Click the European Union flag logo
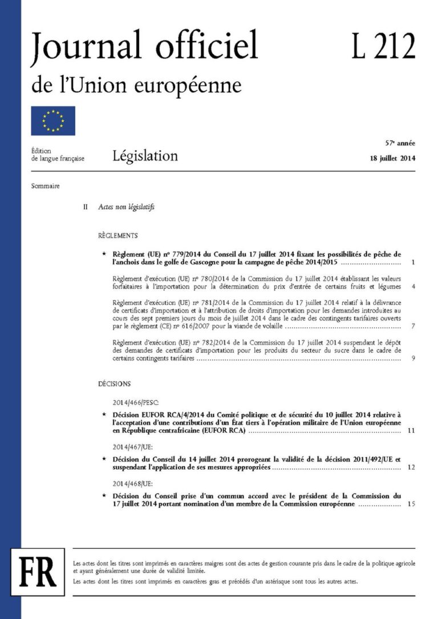click(53, 121)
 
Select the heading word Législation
click(145, 155)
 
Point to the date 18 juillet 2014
click(392, 158)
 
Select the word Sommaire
click(46, 186)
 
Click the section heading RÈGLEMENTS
click(118, 235)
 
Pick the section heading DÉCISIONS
click(115, 384)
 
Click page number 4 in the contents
click(412, 287)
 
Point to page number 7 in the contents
click(412, 327)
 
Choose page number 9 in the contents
click(412, 359)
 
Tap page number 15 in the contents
click(411, 504)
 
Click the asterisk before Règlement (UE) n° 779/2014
click(103, 254)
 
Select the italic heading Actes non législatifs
click(126, 207)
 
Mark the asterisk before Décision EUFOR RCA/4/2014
click(103, 414)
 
